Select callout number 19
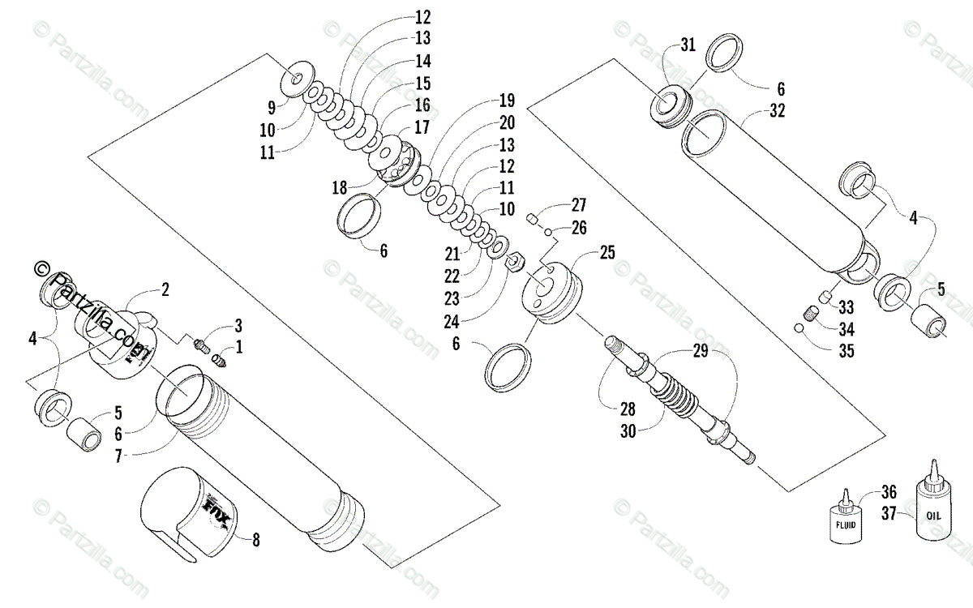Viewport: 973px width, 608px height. pyautogui.click(x=507, y=102)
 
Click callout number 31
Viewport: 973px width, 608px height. pyautogui.click(x=688, y=46)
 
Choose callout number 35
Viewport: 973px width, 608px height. pyautogui.click(x=847, y=352)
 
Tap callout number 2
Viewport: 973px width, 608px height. pyautogui.click(x=165, y=289)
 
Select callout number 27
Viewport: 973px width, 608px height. pyautogui.click(x=578, y=204)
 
